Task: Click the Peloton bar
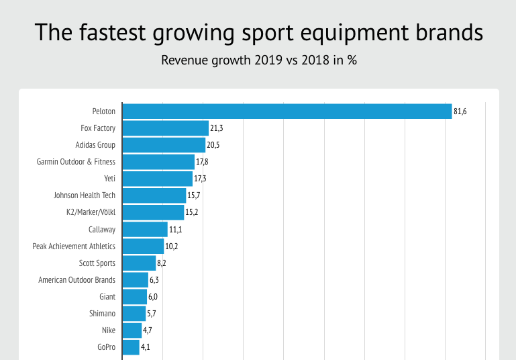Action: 287,111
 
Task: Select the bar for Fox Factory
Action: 166,128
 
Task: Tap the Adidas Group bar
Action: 164,145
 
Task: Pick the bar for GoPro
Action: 131,347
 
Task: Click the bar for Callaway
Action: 145,229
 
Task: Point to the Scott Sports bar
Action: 139,263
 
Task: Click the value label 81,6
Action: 460,111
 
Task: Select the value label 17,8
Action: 202,162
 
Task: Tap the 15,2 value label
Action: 192,212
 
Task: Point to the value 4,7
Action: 150,330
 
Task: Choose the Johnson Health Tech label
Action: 85,195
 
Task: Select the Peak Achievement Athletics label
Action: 74,246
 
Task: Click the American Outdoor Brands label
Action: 76,280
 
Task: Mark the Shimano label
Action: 102,314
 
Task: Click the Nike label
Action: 108,330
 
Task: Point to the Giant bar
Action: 134,297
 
